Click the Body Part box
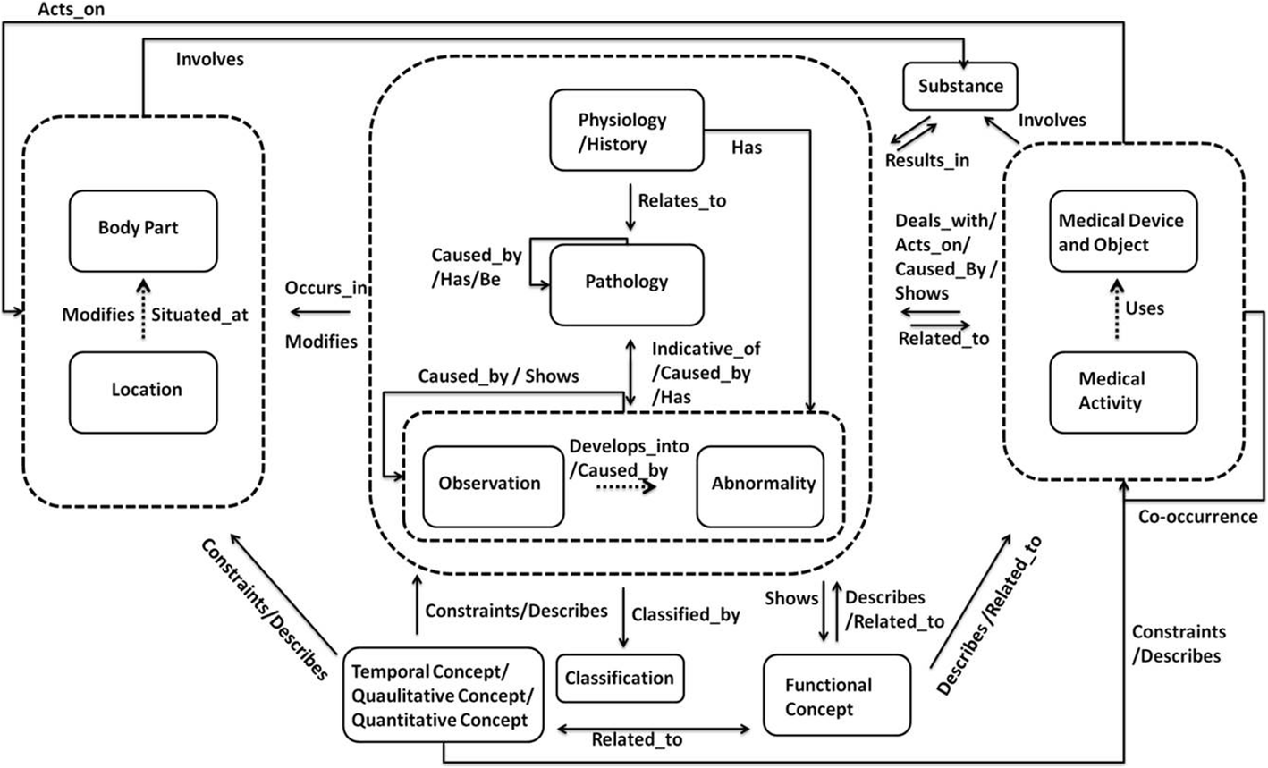pyautogui.click(x=143, y=230)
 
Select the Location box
pyautogui.click(x=143, y=391)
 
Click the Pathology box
pyautogui.click(x=626, y=283)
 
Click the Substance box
pyautogui.click(x=960, y=87)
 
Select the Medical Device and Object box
pyautogui.click(x=1121, y=232)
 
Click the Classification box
pyautogui.click(x=619, y=679)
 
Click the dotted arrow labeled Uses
pyautogui.click(x=1114, y=308)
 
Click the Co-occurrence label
pyautogui.click(x=1196, y=518)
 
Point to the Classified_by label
pyautogui.click(x=685, y=615)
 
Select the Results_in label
pyautogui.click(x=926, y=161)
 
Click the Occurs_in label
pyautogui.click(x=326, y=289)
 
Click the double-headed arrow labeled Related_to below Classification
pyautogui.click(x=653, y=729)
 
